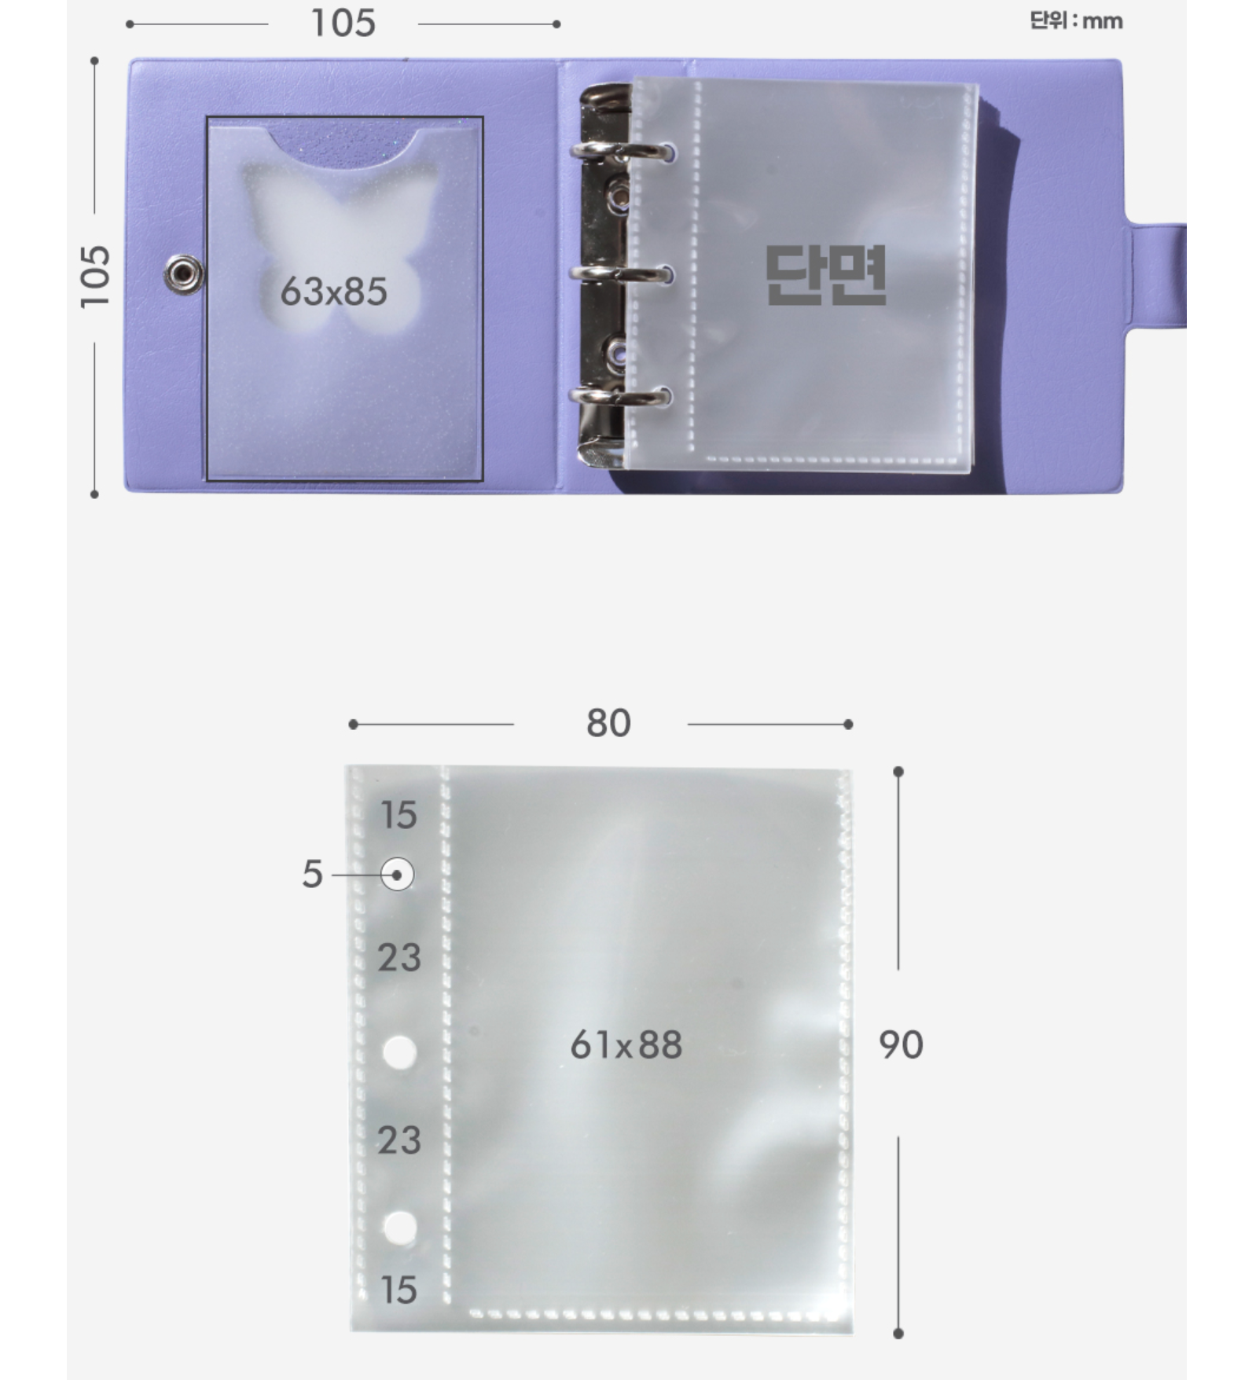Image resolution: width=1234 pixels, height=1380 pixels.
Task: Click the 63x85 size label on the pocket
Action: [x=333, y=292]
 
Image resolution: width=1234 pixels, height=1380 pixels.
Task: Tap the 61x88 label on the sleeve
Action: [x=626, y=1044]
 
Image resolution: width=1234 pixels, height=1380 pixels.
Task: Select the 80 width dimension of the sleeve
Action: [x=608, y=723]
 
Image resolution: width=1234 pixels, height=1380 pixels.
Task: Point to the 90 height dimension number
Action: [x=901, y=1044]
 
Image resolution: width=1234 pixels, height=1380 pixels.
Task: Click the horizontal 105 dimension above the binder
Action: [x=343, y=24]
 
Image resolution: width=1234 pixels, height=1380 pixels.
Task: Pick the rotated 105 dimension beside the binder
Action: [x=94, y=276]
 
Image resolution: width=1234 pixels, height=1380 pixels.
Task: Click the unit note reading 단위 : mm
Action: [x=1076, y=20]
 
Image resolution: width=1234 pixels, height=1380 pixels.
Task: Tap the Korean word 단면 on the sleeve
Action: [x=825, y=274]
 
